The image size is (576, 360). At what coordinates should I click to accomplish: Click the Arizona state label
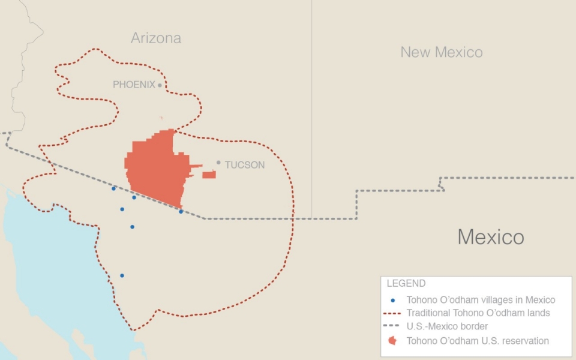coord(156,38)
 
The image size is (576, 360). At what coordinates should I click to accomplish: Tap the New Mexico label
coord(442,52)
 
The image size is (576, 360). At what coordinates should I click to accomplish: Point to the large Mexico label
coord(491,237)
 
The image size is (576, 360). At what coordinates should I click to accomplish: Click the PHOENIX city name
coord(134,85)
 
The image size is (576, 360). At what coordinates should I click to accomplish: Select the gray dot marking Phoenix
coord(160,85)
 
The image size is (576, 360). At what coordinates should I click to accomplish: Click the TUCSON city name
coord(244,165)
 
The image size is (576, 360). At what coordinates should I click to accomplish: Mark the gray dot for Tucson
coord(218,163)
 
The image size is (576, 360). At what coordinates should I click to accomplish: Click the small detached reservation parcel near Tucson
coord(209,175)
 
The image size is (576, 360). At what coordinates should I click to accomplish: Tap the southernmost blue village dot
coord(122,275)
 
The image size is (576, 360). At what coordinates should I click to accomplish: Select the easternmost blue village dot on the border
coord(181,211)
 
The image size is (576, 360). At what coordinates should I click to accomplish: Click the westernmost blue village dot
coord(113,188)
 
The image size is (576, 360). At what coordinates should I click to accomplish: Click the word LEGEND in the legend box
coord(406,284)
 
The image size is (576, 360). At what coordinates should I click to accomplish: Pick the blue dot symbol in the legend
coord(392,300)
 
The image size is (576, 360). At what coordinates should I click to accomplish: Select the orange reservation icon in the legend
coord(392,341)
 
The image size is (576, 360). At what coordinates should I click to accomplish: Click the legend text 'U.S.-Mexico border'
coord(447,327)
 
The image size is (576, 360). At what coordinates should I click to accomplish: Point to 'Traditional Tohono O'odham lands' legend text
coord(478,313)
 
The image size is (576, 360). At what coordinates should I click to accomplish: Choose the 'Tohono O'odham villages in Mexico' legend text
coord(481,300)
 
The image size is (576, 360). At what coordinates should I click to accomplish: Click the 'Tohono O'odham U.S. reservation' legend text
coord(478,341)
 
